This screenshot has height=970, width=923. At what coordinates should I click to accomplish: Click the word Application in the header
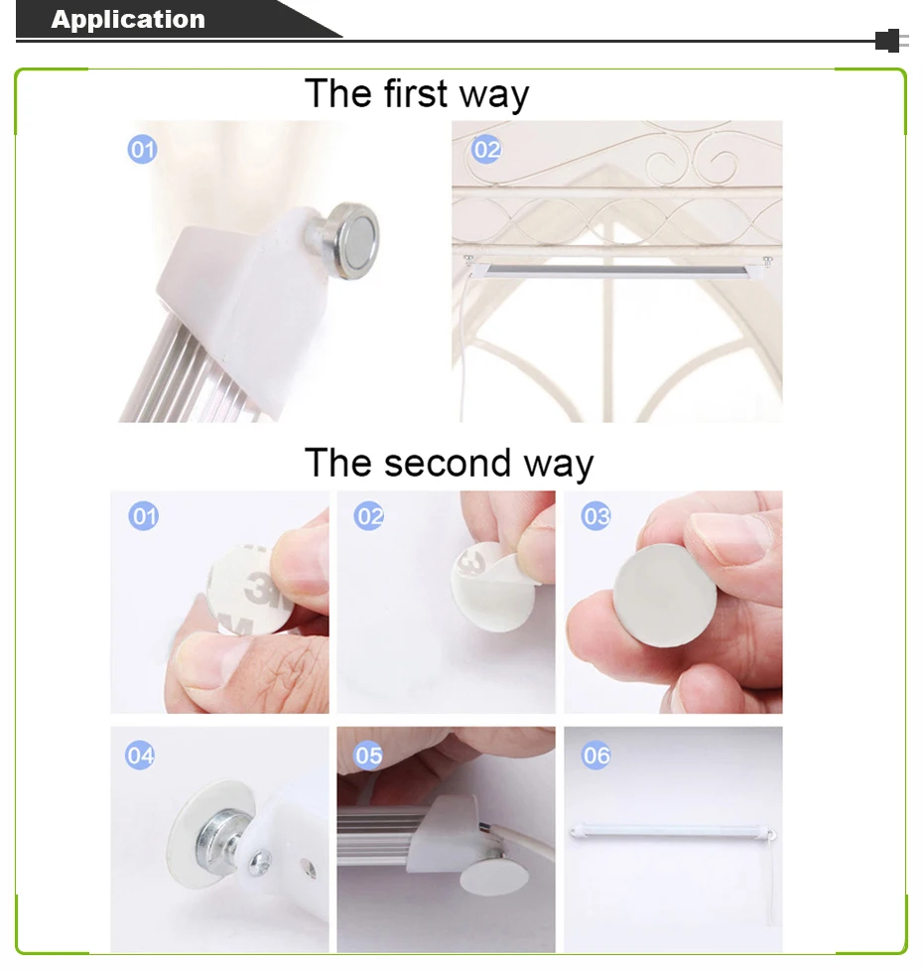(128, 19)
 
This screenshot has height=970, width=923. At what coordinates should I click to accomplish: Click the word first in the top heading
(416, 93)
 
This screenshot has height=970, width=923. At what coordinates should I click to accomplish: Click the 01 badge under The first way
(142, 149)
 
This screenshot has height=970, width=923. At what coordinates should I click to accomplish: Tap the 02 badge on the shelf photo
(486, 149)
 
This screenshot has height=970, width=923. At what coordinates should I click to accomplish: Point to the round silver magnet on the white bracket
(351, 240)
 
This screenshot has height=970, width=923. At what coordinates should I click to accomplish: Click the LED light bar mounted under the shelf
(617, 269)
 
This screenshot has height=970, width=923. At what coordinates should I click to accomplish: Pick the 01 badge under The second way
(143, 516)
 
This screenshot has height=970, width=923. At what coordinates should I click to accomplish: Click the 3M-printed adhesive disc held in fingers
(247, 590)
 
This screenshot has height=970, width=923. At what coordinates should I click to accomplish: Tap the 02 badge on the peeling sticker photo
(369, 516)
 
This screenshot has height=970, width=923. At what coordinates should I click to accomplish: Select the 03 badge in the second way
(595, 516)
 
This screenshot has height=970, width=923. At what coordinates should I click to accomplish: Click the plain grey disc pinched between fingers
(665, 595)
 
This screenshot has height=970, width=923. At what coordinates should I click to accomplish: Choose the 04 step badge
(140, 755)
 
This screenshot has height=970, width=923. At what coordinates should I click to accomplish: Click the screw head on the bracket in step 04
(260, 863)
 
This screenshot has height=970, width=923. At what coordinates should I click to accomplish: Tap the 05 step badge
(368, 755)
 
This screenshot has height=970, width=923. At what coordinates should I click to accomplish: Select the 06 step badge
(595, 755)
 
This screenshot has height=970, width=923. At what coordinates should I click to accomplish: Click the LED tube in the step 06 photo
(673, 832)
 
